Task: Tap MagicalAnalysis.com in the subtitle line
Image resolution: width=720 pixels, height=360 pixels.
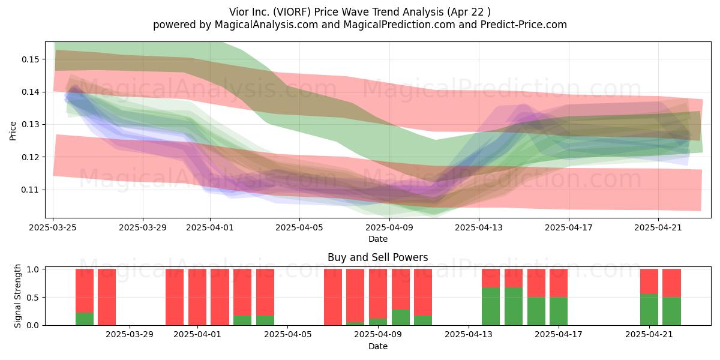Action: (266, 25)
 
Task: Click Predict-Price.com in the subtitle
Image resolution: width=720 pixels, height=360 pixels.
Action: (524, 25)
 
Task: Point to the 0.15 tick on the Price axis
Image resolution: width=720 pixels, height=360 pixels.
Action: (31, 59)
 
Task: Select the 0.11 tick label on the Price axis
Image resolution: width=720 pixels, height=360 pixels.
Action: (31, 190)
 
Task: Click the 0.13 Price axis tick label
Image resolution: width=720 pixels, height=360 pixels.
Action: (31, 124)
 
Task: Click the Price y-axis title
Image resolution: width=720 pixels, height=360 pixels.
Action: (13, 131)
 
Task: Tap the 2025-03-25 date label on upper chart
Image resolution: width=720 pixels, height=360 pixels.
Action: (53, 227)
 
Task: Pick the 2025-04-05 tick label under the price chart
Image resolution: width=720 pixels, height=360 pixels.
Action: (299, 227)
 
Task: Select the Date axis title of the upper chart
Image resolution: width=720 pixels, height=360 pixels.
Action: (378, 239)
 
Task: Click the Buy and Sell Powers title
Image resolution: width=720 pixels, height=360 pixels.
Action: (377, 257)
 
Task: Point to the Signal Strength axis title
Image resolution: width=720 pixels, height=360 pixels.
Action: (17, 296)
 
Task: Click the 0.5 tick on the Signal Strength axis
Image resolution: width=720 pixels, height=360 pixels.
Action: (32, 298)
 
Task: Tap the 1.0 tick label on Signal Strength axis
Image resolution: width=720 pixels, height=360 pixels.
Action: (32, 269)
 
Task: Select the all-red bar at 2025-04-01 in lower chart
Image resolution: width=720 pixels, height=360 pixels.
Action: (197, 297)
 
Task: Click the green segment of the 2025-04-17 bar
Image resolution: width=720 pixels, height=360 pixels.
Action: (559, 311)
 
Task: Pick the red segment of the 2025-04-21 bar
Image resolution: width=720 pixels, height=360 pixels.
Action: (649, 281)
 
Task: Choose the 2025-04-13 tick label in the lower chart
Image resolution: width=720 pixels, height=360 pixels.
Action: (469, 335)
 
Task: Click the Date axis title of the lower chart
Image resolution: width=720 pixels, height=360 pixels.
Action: (378, 346)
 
